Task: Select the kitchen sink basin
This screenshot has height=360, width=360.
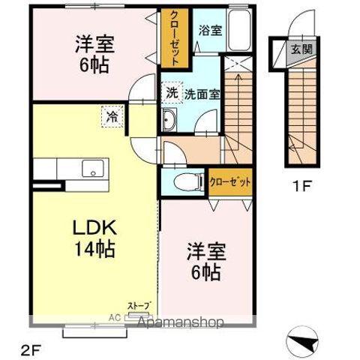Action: tap(93, 167)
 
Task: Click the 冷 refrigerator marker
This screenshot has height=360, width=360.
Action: tap(112, 117)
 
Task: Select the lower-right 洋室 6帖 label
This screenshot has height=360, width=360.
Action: tap(203, 263)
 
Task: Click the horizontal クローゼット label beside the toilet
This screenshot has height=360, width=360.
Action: tap(229, 181)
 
